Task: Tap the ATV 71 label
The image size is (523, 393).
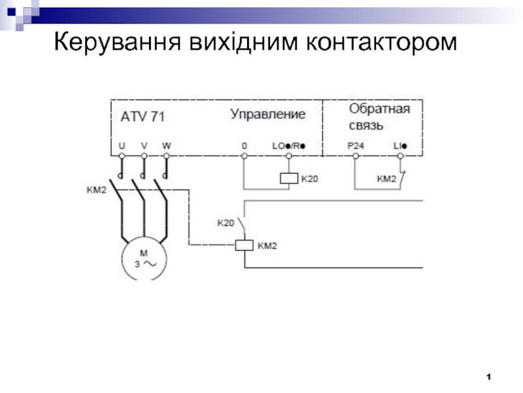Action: [143, 117]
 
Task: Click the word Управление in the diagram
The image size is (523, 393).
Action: [267, 115]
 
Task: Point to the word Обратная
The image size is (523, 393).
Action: [379, 109]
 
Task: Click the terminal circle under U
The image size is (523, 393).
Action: [122, 157]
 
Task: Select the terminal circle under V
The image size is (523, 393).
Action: [144, 157]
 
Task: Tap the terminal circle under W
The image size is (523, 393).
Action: [166, 157]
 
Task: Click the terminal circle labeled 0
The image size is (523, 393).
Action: [244, 157]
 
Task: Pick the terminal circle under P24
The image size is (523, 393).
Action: [356, 157]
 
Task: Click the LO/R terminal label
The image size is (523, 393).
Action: [288, 145]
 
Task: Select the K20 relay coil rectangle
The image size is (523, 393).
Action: [288, 178]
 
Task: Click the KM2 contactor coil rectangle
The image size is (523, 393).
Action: [244, 246]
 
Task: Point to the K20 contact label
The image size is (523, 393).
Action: [226, 223]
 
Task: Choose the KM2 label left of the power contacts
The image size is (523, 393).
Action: [96, 191]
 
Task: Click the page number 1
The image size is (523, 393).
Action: [488, 377]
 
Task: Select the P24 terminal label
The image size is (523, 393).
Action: [356, 145]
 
